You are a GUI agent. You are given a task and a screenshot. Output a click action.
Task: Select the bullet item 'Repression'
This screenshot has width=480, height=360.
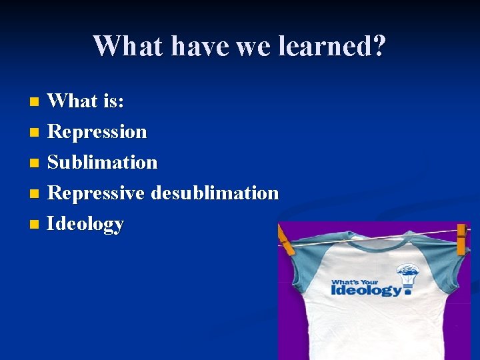(x=97, y=131)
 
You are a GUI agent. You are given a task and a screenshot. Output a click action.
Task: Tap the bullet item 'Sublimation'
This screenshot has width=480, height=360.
(x=103, y=162)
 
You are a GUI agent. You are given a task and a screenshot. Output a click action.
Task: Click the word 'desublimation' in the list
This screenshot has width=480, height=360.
(x=215, y=193)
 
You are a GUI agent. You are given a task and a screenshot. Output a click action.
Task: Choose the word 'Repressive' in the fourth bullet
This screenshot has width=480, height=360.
(x=97, y=193)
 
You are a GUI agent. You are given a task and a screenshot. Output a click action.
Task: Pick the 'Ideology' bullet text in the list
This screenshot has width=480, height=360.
(x=85, y=224)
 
